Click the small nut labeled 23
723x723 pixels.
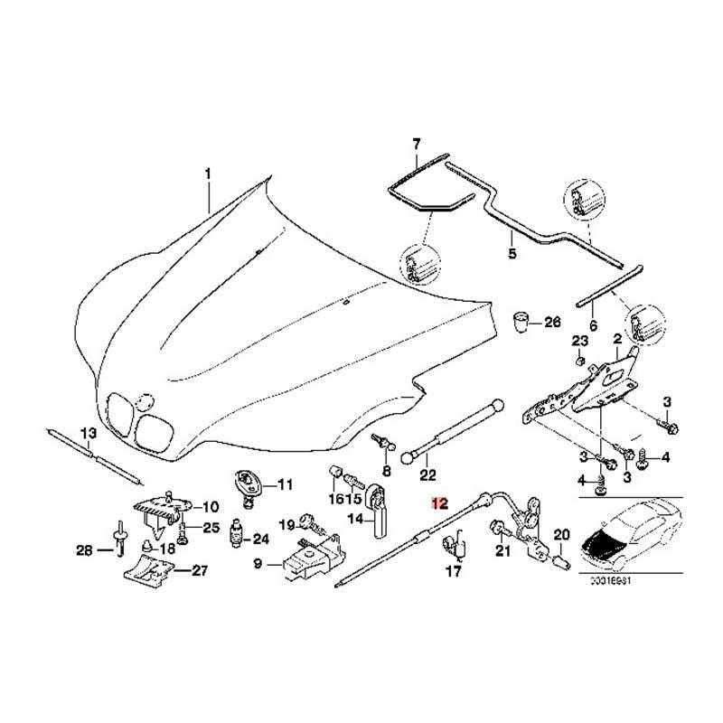click(x=577, y=360)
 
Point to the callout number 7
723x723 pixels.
click(x=417, y=145)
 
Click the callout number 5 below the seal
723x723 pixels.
click(x=512, y=254)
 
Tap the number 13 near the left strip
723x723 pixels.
click(x=88, y=434)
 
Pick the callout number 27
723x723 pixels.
click(x=197, y=570)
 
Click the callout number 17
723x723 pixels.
click(x=454, y=572)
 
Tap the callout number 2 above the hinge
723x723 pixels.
click(x=616, y=339)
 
